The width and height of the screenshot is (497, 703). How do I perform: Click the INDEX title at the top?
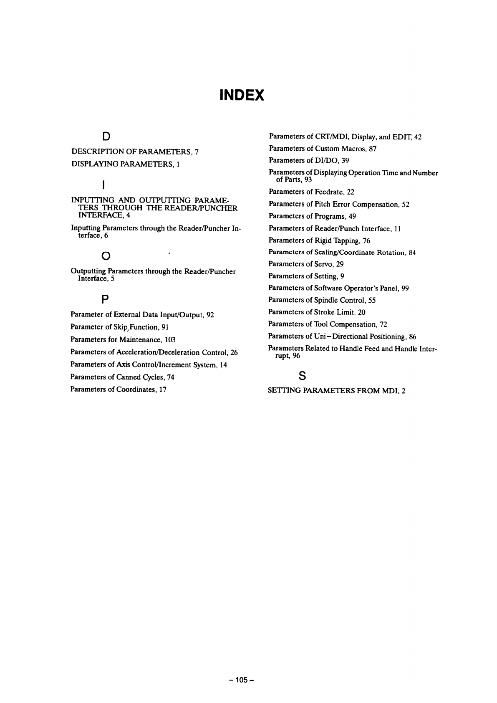point(242,95)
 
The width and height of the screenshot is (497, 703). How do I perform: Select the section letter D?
point(106,136)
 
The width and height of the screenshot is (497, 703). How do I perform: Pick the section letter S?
point(302,376)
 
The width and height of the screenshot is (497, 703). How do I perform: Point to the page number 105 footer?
point(242,680)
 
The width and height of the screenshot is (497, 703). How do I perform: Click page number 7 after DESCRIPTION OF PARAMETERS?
point(196,152)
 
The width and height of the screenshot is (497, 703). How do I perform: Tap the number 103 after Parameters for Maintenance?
point(170,339)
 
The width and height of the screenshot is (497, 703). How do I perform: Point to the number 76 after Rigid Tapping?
point(366,240)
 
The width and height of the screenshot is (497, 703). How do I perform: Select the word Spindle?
point(326,300)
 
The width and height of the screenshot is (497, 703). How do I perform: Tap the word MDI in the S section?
point(390,391)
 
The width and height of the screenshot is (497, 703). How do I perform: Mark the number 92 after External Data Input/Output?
point(210,315)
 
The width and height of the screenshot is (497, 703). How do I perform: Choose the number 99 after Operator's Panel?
point(405,288)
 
